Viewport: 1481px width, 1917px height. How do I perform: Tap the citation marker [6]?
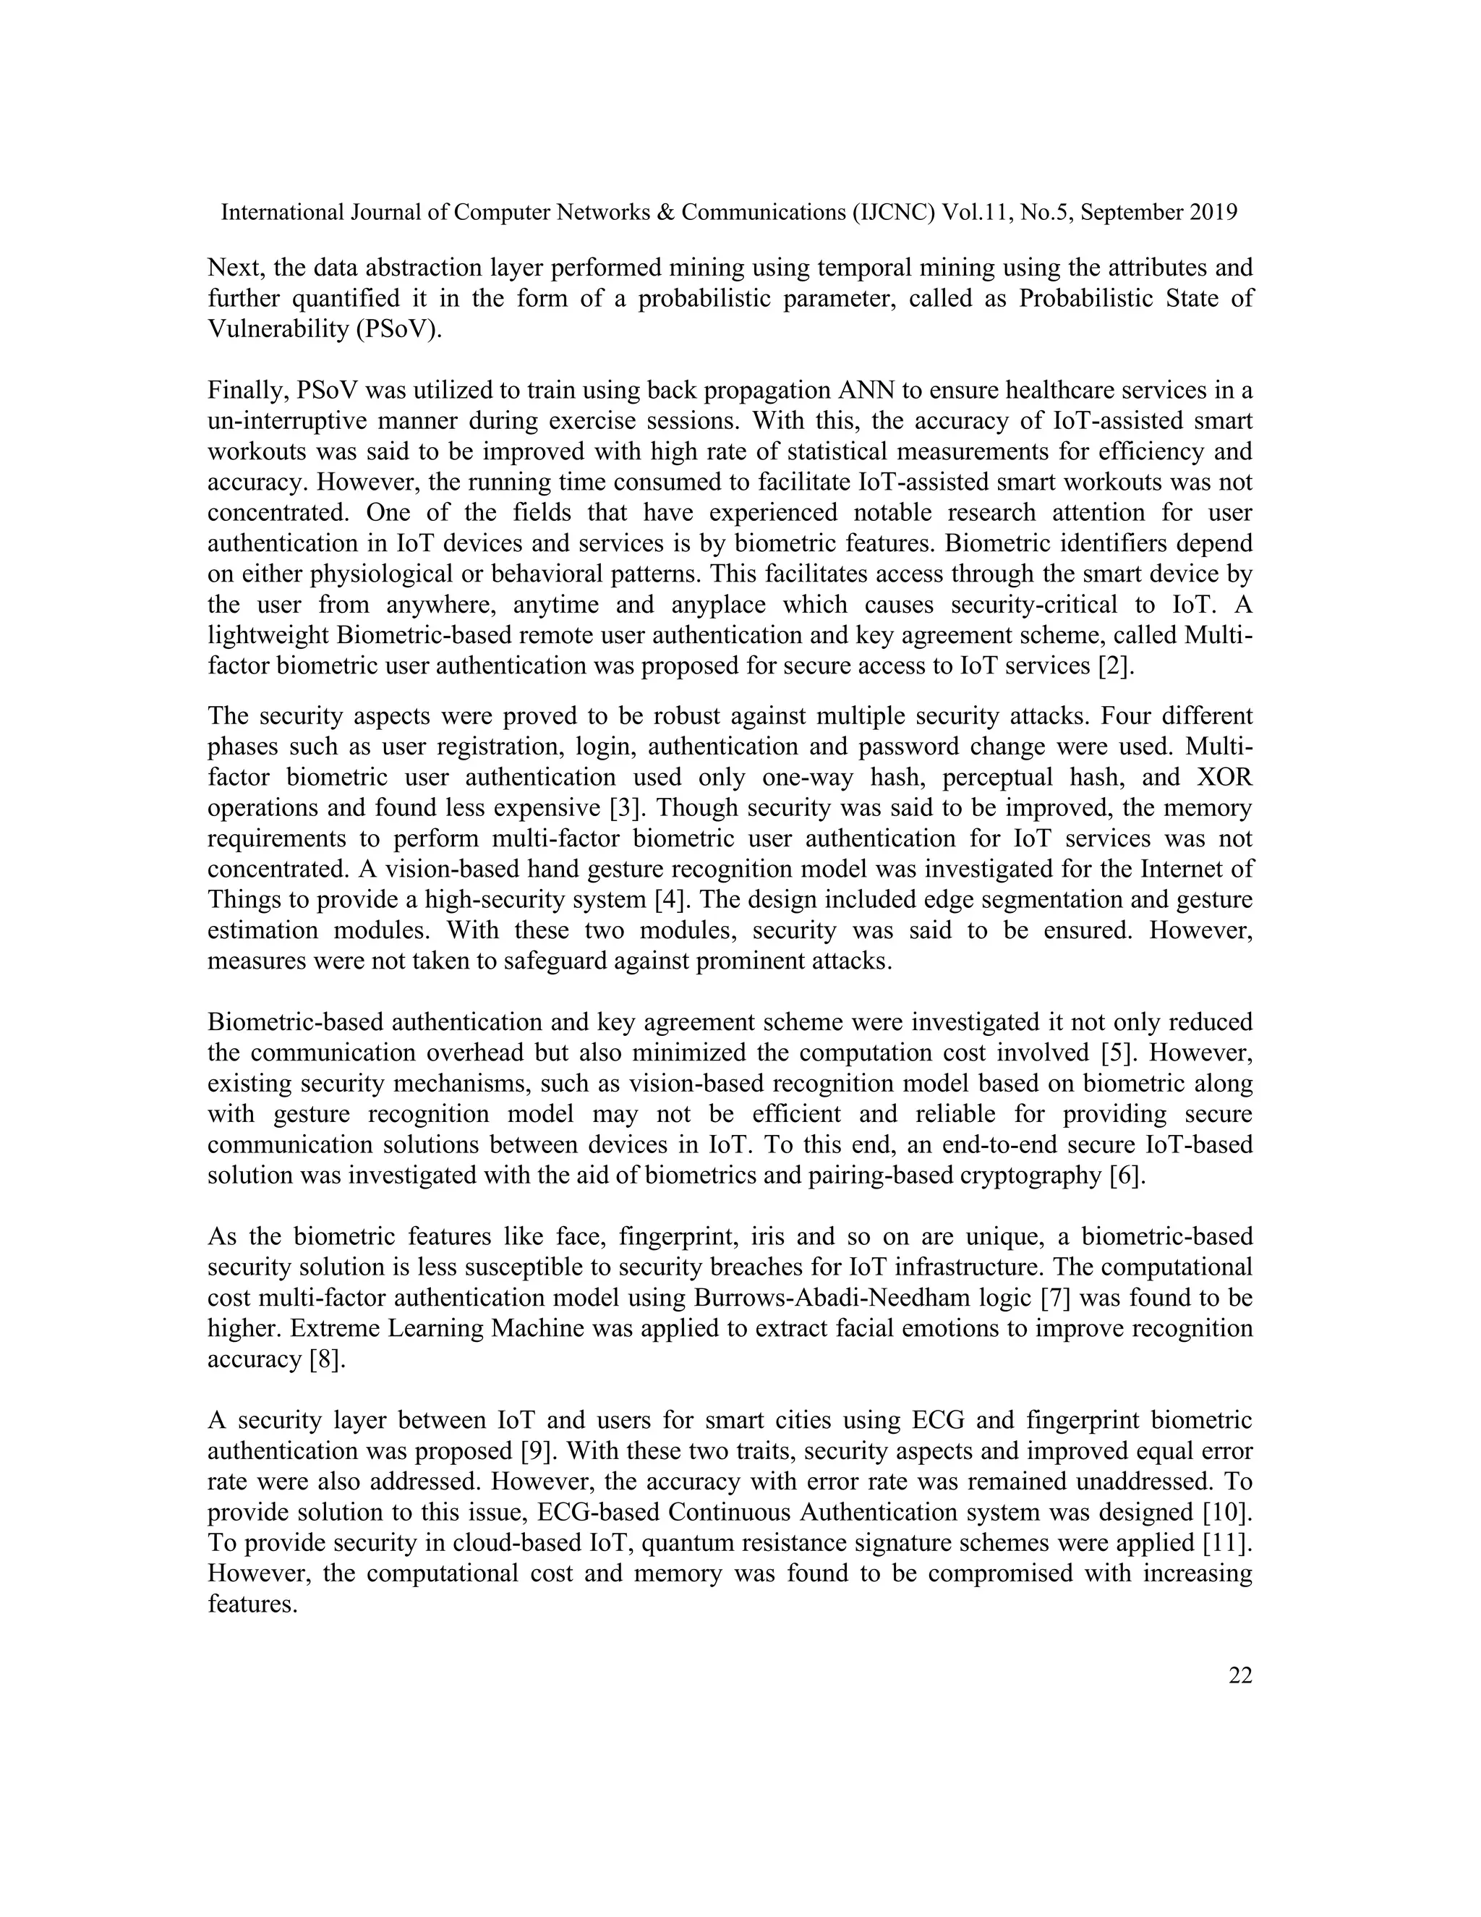[x=1128, y=1176]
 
